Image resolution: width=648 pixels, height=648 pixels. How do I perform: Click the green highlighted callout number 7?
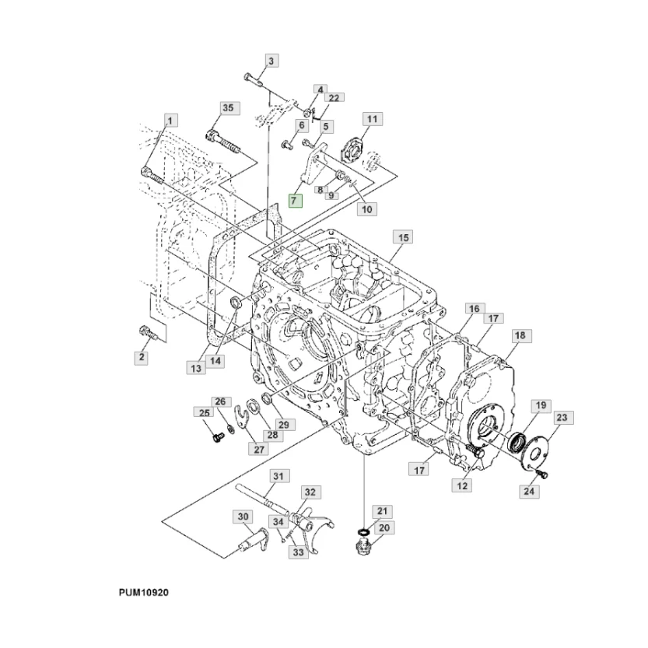(296, 201)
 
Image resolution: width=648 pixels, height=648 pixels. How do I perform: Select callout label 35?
(228, 108)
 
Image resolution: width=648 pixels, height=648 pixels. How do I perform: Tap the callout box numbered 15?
(403, 237)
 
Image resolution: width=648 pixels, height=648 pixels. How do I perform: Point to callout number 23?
(562, 418)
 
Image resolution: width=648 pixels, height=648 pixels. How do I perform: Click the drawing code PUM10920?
(144, 592)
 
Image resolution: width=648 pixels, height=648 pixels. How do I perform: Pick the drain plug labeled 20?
(363, 548)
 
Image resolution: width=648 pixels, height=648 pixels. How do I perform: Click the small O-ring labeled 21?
(364, 531)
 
